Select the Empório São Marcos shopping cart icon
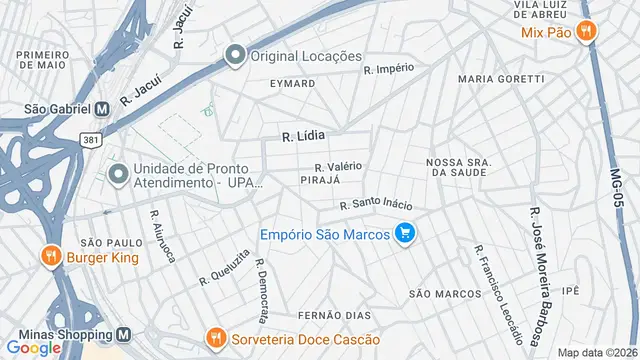404,234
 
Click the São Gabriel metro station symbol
101,109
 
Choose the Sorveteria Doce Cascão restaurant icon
214,338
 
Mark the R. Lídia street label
304,133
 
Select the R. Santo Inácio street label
375,204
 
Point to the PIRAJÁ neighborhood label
320,179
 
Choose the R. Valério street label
338,166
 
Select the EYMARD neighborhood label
292,84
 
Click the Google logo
34,347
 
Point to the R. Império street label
389,69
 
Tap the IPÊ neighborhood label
571,290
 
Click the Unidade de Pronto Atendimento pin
118,175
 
